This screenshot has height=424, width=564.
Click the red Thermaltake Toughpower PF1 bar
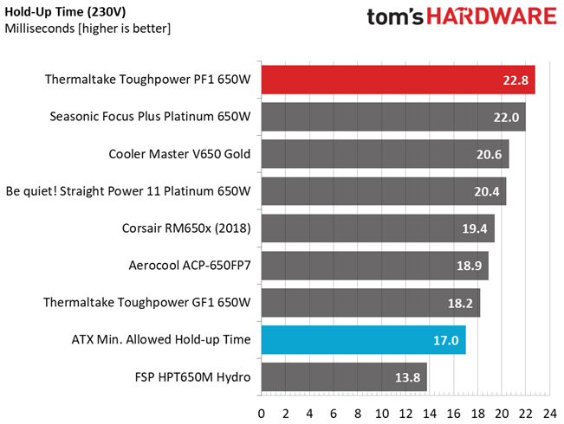tap(399, 80)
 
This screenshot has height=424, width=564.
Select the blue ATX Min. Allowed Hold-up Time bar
tap(364, 340)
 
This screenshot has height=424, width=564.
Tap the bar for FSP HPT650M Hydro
tap(344, 377)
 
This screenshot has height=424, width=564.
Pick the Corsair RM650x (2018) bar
tap(378, 228)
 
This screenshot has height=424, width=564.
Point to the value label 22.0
tap(506, 118)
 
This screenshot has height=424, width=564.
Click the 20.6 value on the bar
tap(489, 155)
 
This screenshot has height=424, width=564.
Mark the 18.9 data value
tap(469, 266)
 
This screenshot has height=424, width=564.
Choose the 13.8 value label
tap(407, 377)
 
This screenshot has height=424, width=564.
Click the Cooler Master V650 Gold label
tap(179, 154)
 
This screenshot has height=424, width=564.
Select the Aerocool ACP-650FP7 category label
tap(190, 265)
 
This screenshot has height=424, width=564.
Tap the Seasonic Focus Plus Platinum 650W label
tap(150, 117)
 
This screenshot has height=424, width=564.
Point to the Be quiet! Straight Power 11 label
tap(128, 191)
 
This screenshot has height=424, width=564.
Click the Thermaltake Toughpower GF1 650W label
tap(146, 302)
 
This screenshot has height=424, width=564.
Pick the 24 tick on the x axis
tap(550, 414)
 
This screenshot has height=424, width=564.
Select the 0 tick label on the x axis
tap(262, 414)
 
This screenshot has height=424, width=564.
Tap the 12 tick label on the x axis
tap(405, 414)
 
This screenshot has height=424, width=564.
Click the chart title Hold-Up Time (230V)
tap(65, 12)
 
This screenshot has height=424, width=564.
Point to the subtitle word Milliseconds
tap(40, 29)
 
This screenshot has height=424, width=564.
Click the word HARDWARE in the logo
tap(492, 16)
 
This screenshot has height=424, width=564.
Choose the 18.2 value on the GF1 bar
tap(460, 303)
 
